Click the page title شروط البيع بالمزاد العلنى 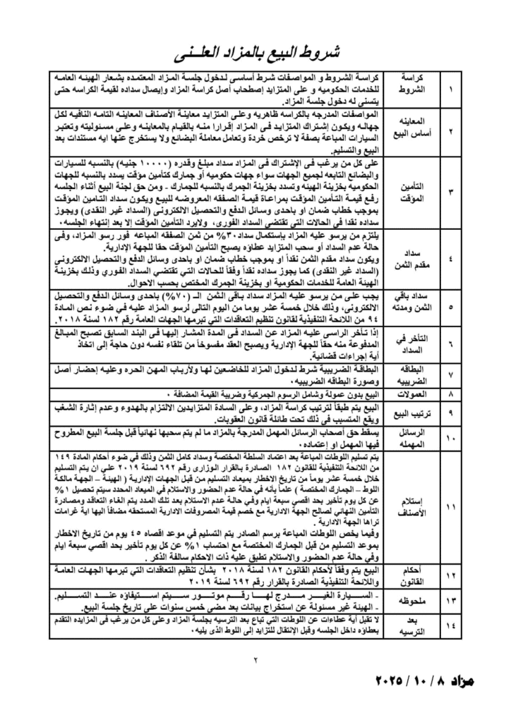tap(256, 54)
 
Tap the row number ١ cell tap(451, 90)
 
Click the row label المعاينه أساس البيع tap(412, 130)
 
